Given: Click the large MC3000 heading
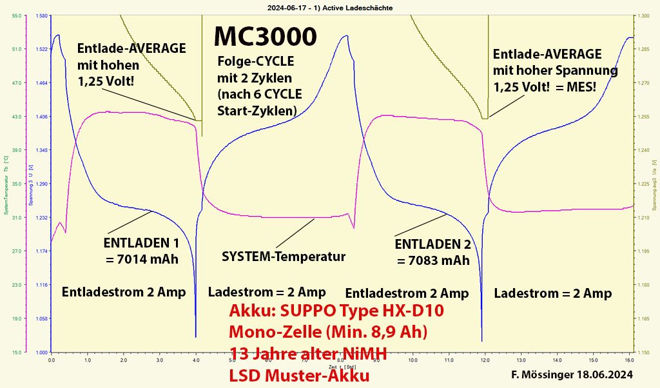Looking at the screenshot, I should coord(265,36).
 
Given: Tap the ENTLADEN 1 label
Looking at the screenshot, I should coord(141,244).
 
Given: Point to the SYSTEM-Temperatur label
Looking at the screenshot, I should coord(284,257).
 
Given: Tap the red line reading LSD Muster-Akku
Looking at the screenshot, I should coord(299,375).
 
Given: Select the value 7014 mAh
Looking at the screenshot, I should coord(141,260).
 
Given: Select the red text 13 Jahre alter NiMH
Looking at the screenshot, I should coord(309,353).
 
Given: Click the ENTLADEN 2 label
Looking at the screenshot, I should coord(432,244).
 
